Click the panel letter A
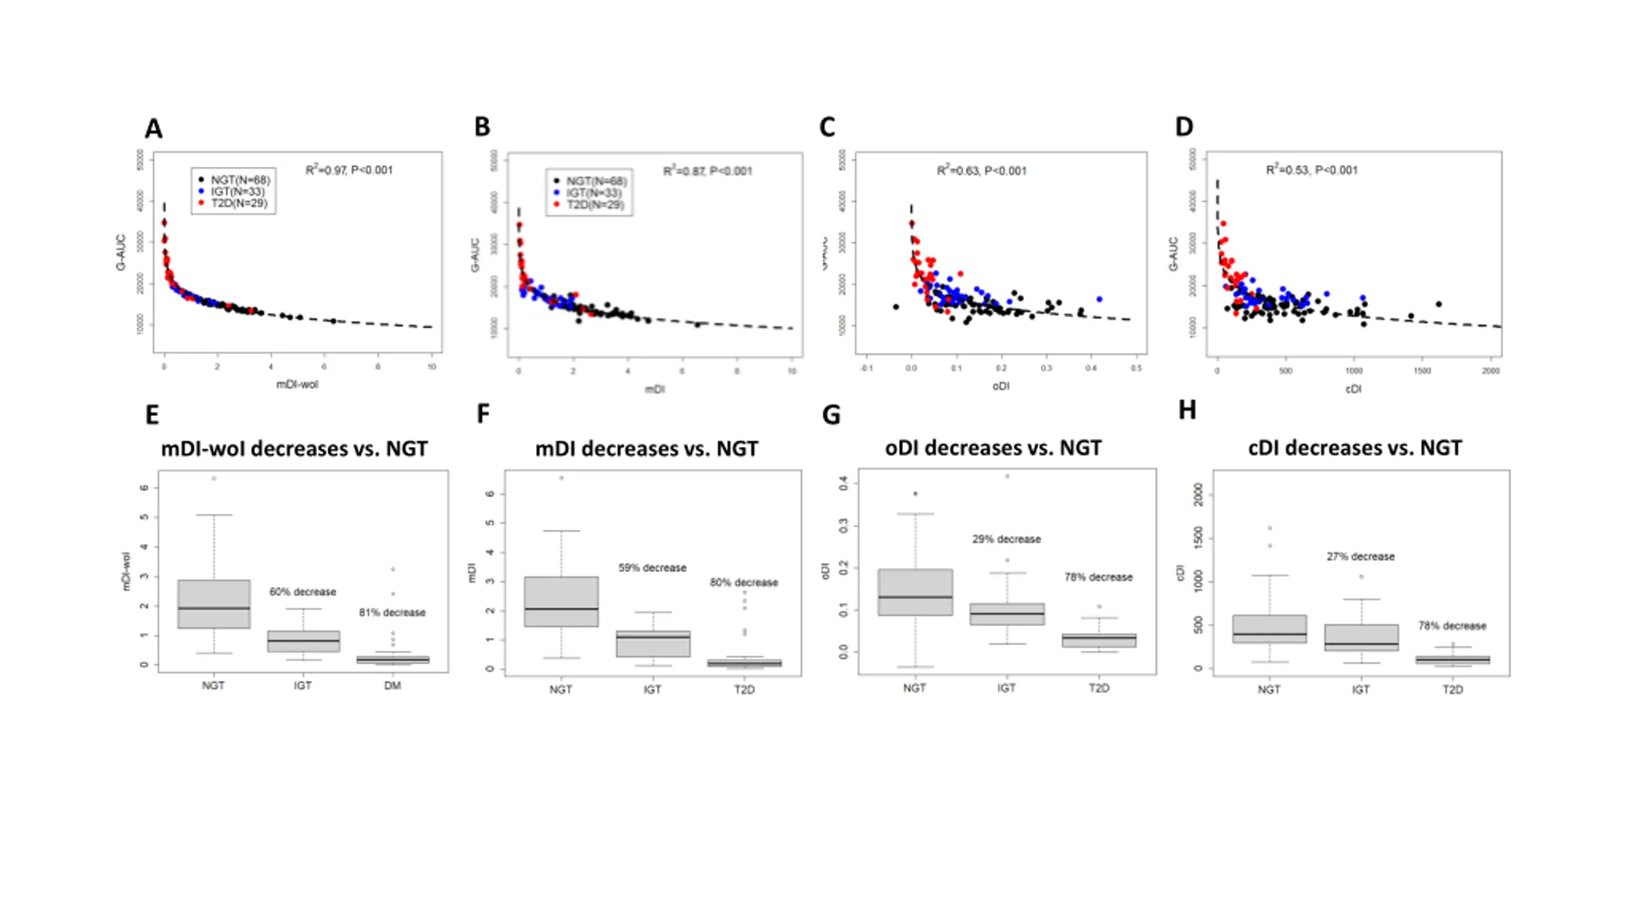153,129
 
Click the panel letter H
1187,410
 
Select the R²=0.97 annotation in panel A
349,170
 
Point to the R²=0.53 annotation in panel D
1312,170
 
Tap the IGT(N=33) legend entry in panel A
237,192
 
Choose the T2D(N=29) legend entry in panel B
595,204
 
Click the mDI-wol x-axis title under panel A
297,385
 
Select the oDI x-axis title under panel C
1000,386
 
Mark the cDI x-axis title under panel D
1353,388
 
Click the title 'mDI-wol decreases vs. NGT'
294,449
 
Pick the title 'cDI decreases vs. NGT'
1355,448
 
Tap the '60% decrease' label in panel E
302,592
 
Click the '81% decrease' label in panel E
392,613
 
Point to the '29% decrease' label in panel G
1006,539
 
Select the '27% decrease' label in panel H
1360,557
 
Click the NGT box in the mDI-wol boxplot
214,604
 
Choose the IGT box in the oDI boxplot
1007,614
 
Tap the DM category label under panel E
392,686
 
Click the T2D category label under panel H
1452,690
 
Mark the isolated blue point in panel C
1099,299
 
